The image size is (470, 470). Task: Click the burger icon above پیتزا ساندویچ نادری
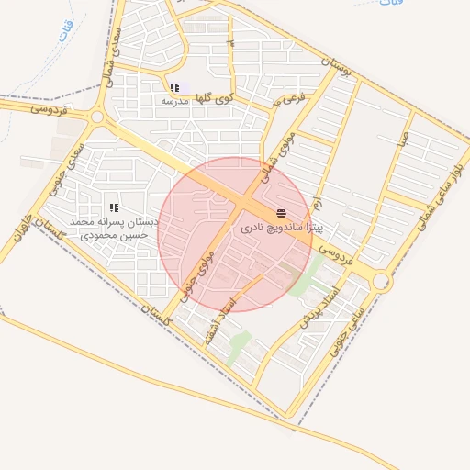[x=280, y=213]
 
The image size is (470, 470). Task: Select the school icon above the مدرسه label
[x=174, y=88]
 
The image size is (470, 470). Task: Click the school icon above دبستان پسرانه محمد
[x=115, y=208]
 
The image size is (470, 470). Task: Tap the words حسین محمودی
[x=115, y=236]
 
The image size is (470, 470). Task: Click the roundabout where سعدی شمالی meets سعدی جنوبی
[x=97, y=117]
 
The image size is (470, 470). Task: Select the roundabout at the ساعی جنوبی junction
[x=380, y=284]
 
